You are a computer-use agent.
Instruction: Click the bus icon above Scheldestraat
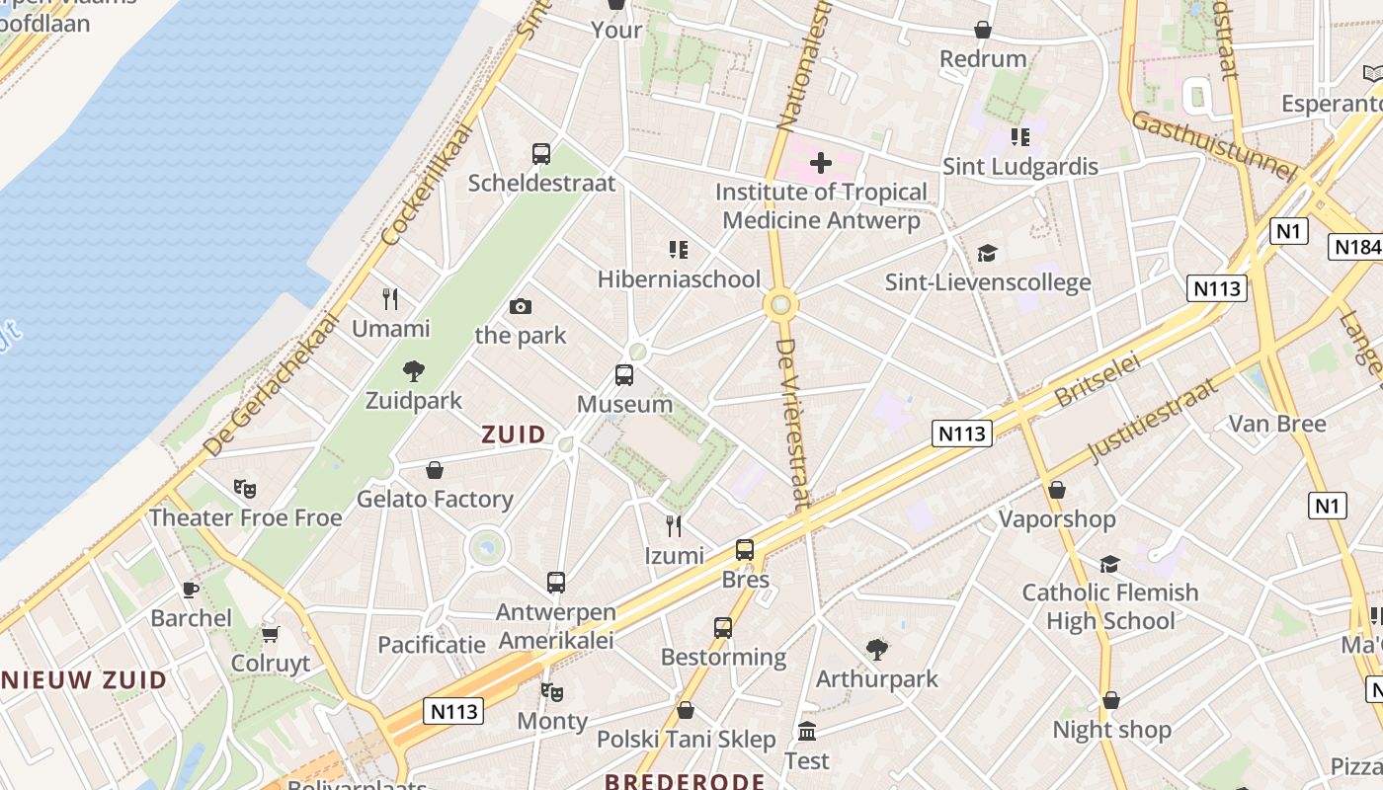pos(541,154)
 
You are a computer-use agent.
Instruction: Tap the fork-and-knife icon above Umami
pos(390,298)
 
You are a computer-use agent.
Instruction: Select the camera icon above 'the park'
pos(521,307)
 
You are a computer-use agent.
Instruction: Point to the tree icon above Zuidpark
pos(414,371)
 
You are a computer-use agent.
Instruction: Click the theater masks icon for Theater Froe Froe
pos(245,488)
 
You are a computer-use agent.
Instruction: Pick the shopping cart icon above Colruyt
pos(271,634)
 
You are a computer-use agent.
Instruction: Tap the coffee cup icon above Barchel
pos(191,590)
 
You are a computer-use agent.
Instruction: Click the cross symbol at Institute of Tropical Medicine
pos(820,162)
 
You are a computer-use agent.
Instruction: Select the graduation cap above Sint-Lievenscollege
pos(987,254)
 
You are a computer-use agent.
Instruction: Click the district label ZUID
pos(514,434)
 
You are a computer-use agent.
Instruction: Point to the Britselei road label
pos(1098,380)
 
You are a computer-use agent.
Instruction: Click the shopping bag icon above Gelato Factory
pos(435,470)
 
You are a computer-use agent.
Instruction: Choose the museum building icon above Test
pos(807,732)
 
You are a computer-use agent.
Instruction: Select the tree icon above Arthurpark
pos(876,649)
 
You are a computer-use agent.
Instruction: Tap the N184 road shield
pos(1355,247)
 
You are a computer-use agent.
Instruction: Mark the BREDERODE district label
pos(685,782)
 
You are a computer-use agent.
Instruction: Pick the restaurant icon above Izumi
pos(674,525)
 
